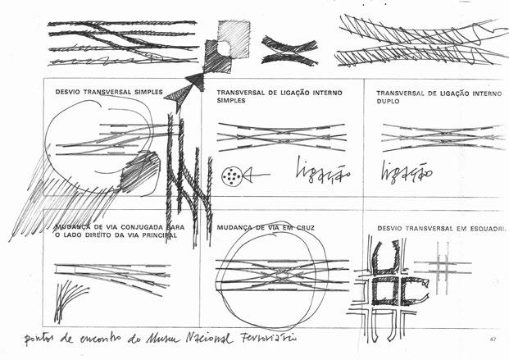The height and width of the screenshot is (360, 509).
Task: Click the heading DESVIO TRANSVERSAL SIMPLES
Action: (108, 92)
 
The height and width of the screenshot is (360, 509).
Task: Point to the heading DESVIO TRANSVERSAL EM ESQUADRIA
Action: (441, 226)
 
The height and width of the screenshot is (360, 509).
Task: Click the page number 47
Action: (493, 339)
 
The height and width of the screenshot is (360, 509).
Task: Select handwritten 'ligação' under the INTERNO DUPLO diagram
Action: (406, 171)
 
